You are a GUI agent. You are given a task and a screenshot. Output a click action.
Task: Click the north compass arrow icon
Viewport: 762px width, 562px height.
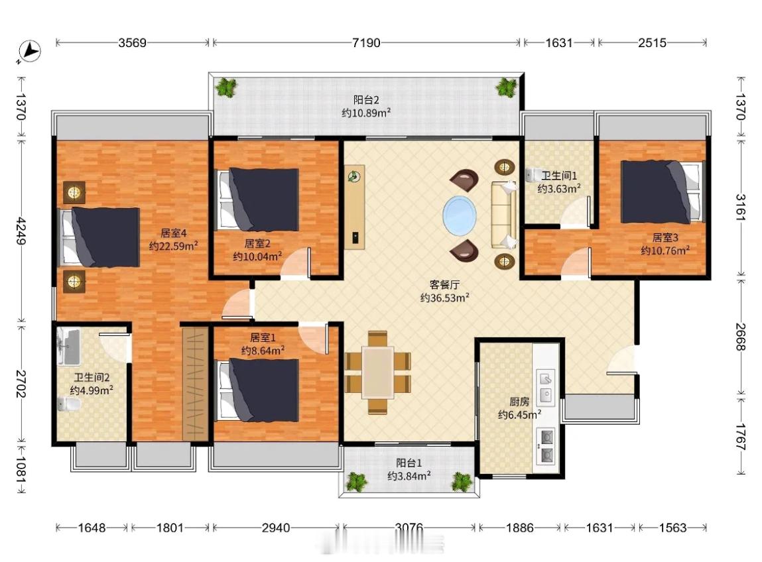point(29,51)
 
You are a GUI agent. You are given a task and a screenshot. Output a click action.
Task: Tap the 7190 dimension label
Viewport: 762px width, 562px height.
point(366,42)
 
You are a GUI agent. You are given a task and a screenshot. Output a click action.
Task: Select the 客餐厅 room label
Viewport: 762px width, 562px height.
point(444,284)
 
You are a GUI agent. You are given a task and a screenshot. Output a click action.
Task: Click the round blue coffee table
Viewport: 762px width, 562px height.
point(459,214)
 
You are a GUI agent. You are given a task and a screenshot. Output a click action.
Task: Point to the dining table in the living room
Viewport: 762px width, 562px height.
point(377,372)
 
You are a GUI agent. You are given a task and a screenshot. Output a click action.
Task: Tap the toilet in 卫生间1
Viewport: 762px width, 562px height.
point(534,175)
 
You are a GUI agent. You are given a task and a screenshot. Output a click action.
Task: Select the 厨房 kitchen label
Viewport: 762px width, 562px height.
point(519,402)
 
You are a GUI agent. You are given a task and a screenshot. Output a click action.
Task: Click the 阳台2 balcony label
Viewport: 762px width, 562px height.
point(366,100)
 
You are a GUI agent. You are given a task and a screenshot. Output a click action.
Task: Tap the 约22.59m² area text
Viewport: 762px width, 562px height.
point(174,246)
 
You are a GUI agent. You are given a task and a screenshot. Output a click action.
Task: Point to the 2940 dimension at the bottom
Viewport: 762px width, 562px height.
point(275,528)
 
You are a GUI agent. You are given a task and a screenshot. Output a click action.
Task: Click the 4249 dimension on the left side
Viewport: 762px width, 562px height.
point(21,231)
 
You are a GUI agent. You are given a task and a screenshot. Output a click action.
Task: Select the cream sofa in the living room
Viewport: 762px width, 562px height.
point(503,215)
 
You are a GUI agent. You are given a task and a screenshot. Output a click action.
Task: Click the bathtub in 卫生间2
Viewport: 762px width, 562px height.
point(68,347)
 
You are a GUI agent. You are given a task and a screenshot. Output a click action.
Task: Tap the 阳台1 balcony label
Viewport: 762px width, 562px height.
point(409,463)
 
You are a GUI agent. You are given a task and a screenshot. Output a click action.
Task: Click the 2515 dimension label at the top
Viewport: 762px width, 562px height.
point(652,42)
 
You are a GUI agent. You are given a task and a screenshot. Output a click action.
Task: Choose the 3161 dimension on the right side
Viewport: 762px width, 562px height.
point(740,208)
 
